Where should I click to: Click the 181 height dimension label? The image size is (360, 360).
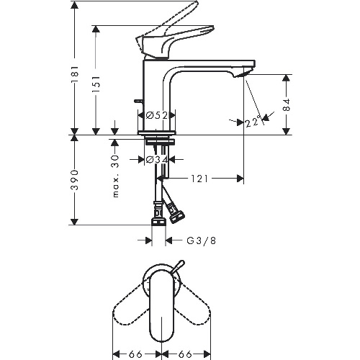pyautogui.click(x=75, y=74)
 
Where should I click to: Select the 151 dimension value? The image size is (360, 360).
pyautogui.click(x=96, y=84)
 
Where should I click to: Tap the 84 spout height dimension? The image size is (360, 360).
pyautogui.click(x=286, y=104)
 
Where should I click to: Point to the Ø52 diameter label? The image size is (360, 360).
pyautogui.click(x=156, y=116)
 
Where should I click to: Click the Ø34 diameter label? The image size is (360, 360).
pyautogui.click(x=156, y=159)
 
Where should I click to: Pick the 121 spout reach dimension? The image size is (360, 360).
pyautogui.click(x=199, y=179)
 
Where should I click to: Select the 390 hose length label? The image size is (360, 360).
pyautogui.click(x=75, y=179)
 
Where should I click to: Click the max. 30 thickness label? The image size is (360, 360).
pyautogui.click(x=116, y=176)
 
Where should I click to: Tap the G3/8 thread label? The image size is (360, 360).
pyautogui.click(x=202, y=240)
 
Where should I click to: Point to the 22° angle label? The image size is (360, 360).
pyautogui.click(x=253, y=122)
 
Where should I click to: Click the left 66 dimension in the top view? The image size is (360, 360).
pyautogui.click(x=136, y=354)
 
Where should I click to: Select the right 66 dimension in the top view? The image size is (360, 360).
pyautogui.click(x=185, y=354)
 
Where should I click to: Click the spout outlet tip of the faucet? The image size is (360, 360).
pyautogui.click(x=244, y=73)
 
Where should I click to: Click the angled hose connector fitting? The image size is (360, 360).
pyautogui.click(x=176, y=213)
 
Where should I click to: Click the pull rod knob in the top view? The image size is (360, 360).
pyautogui.click(x=179, y=266)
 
